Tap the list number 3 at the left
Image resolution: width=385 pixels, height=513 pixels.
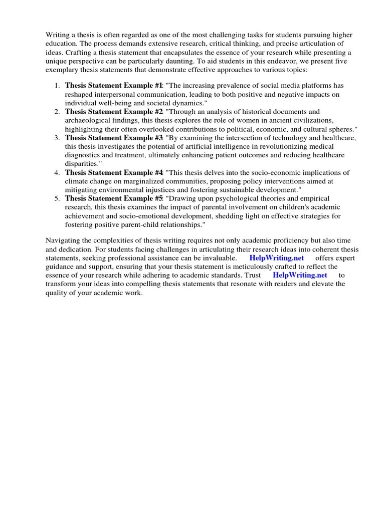[x=57, y=138]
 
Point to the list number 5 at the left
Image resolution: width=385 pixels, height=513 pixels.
[x=57, y=198]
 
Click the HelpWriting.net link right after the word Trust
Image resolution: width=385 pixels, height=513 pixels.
[x=300, y=275]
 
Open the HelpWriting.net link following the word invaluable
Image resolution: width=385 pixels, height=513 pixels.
[x=276, y=258]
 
